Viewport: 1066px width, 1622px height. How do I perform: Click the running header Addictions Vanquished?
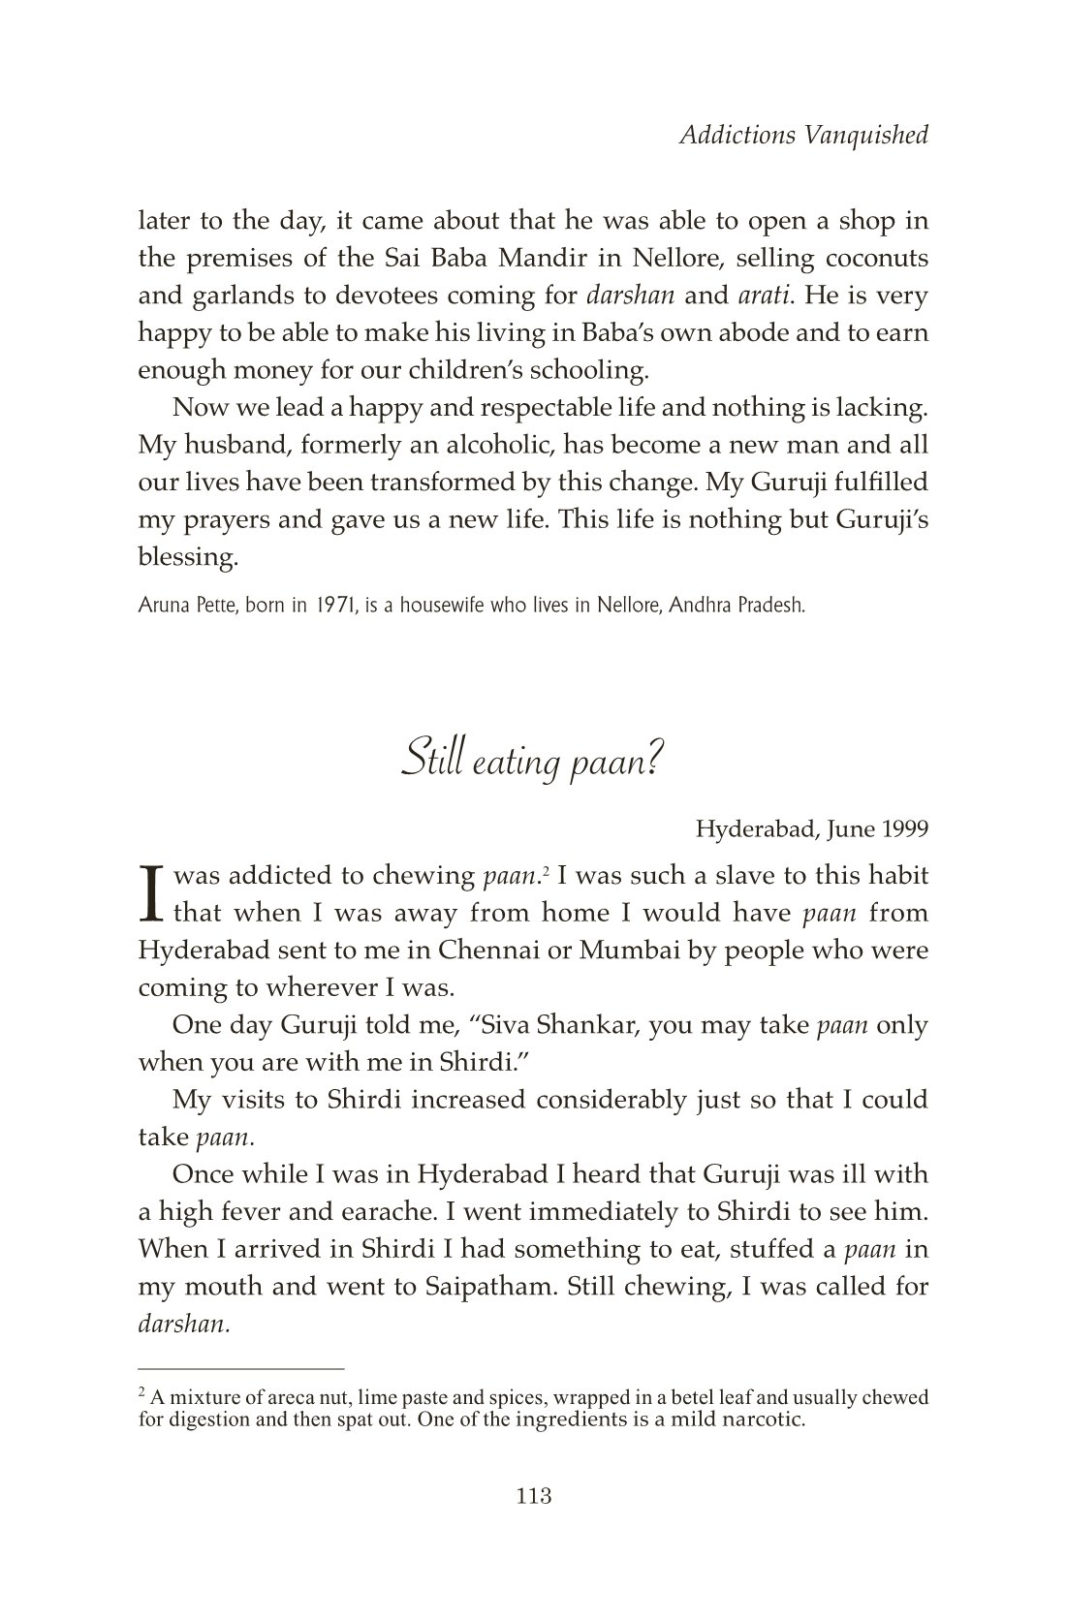pyautogui.click(x=803, y=135)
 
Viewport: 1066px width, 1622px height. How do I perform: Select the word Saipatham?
pyautogui.click(x=489, y=1287)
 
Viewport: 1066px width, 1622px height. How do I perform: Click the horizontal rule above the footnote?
pyautogui.click(x=241, y=1369)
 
